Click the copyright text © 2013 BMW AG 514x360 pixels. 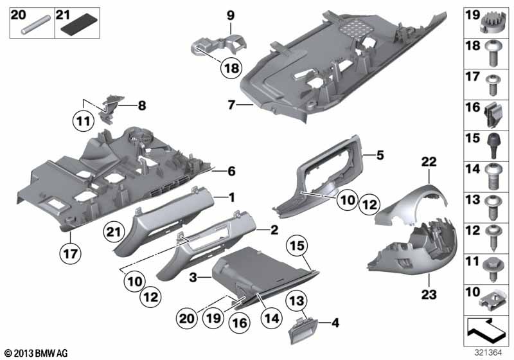click(x=35, y=354)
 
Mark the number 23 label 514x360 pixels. click(x=427, y=295)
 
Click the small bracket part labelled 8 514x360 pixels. click(x=110, y=104)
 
